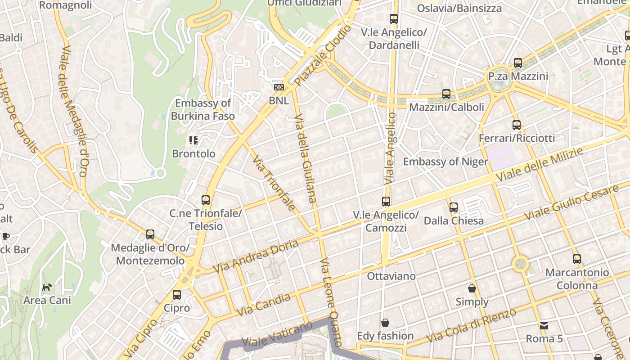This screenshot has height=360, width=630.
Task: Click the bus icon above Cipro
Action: (177, 295)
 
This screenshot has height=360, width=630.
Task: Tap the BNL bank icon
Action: (279, 87)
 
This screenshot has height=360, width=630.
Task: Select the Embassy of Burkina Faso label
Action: (203, 109)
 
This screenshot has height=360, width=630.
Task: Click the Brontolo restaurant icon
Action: (193, 140)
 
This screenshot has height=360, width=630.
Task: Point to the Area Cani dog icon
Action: (47, 287)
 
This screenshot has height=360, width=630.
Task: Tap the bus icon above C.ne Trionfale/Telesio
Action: (206, 200)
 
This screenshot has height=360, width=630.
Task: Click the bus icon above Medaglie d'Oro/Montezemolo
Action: (150, 234)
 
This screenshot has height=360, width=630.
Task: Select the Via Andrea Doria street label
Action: (255, 256)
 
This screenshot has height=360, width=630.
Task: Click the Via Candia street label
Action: (263, 305)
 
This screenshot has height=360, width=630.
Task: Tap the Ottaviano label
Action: (391, 276)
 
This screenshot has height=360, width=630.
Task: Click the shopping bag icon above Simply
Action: (472, 288)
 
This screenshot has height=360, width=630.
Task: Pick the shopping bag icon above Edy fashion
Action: (385, 323)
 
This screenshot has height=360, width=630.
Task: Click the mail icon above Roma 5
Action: (544, 325)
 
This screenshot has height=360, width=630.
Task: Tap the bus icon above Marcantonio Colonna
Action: (577, 259)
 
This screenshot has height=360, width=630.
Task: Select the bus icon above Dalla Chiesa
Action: (454, 207)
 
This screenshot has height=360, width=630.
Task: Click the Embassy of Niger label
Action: (445, 162)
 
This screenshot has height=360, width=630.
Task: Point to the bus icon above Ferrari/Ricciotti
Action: (517, 125)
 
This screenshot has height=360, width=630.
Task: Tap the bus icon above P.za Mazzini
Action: (518, 63)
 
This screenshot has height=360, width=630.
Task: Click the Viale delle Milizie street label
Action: (540, 165)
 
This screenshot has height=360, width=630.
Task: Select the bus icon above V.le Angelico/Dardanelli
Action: (394, 19)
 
